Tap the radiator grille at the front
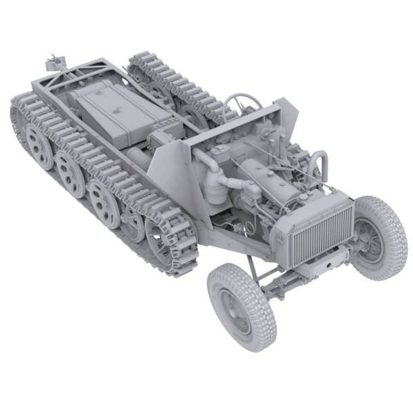click(324, 230)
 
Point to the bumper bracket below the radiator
click(324, 263)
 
